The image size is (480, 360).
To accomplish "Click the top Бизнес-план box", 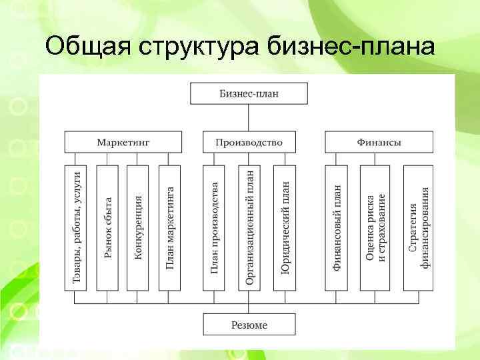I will [249, 93].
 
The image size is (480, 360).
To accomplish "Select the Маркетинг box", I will [123, 142].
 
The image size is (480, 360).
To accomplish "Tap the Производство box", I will [249, 142].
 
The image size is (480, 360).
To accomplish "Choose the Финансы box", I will [379, 142].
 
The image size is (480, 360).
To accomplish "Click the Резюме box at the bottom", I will [249, 325].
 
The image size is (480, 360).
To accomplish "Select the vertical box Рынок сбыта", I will [107, 227].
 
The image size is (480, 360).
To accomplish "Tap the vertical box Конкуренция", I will [138, 227].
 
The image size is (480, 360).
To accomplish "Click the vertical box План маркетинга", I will [169, 227].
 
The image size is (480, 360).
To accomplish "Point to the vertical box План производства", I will [213, 227].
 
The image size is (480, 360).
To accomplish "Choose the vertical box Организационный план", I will [249, 227].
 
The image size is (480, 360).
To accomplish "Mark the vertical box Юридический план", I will [285, 227].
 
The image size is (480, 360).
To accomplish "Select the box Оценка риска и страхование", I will [375, 227].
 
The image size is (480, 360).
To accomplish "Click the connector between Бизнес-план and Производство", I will [249, 118].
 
